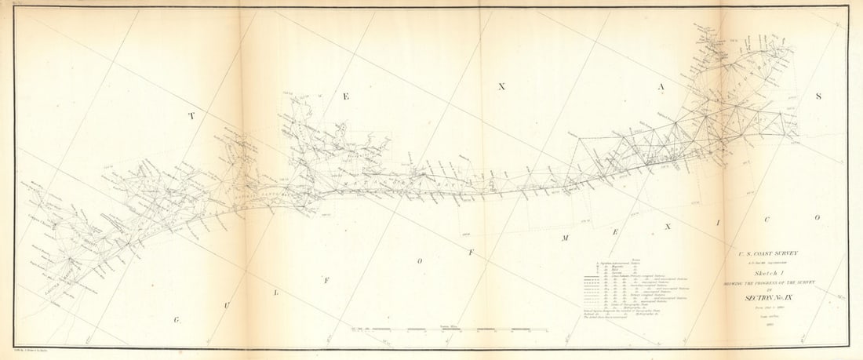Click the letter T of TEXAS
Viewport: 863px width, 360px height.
[x=190, y=116]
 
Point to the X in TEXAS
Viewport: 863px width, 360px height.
[x=502, y=86]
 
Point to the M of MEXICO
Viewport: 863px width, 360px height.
[x=564, y=236]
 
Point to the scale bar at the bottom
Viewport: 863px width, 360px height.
[x=428, y=328]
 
